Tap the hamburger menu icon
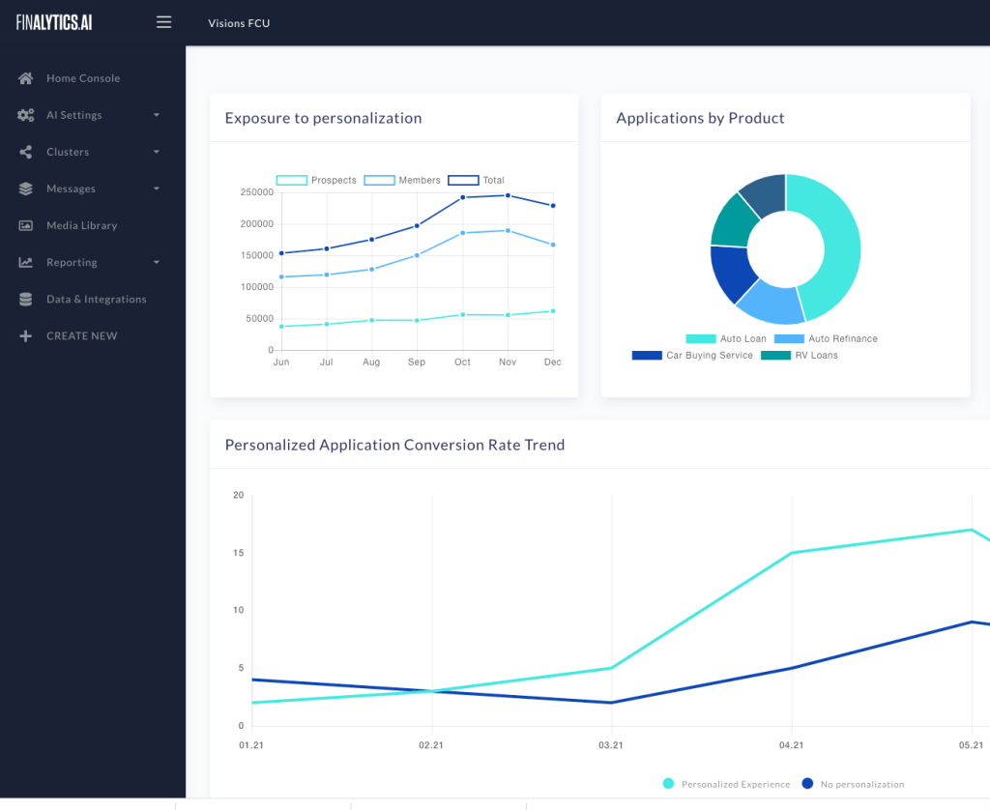click(x=163, y=22)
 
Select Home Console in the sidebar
click(x=83, y=78)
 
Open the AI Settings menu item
click(x=73, y=115)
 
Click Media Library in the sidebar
click(x=81, y=225)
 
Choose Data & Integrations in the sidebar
click(x=96, y=300)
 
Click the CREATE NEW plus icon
click(x=26, y=336)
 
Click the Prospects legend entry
click(x=316, y=181)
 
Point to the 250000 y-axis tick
click(x=257, y=192)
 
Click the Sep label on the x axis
click(x=417, y=362)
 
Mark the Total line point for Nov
click(x=508, y=195)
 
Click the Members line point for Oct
click(x=462, y=233)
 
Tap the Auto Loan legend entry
click(x=726, y=339)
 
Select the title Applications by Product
click(x=700, y=118)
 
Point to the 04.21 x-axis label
click(x=791, y=745)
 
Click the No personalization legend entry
click(x=854, y=784)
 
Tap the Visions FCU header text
click(x=239, y=23)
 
